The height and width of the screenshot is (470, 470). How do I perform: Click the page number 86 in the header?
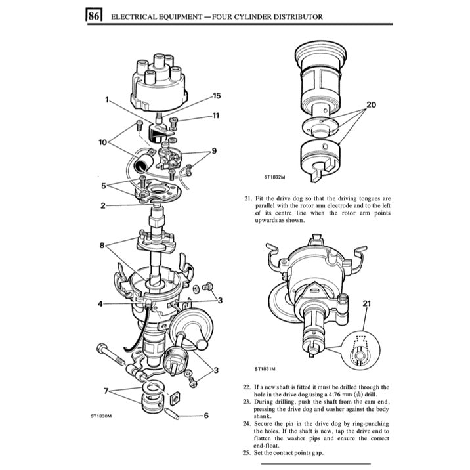(93, 16)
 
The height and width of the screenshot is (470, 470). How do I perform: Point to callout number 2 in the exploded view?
(103, 205)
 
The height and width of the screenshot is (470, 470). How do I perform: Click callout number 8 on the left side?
(102, 246)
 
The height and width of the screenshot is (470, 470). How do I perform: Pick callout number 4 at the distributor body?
(100, 303)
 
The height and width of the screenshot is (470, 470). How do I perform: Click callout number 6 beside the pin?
(206, 415)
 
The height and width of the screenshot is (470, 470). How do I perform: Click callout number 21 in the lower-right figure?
(366, 303)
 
